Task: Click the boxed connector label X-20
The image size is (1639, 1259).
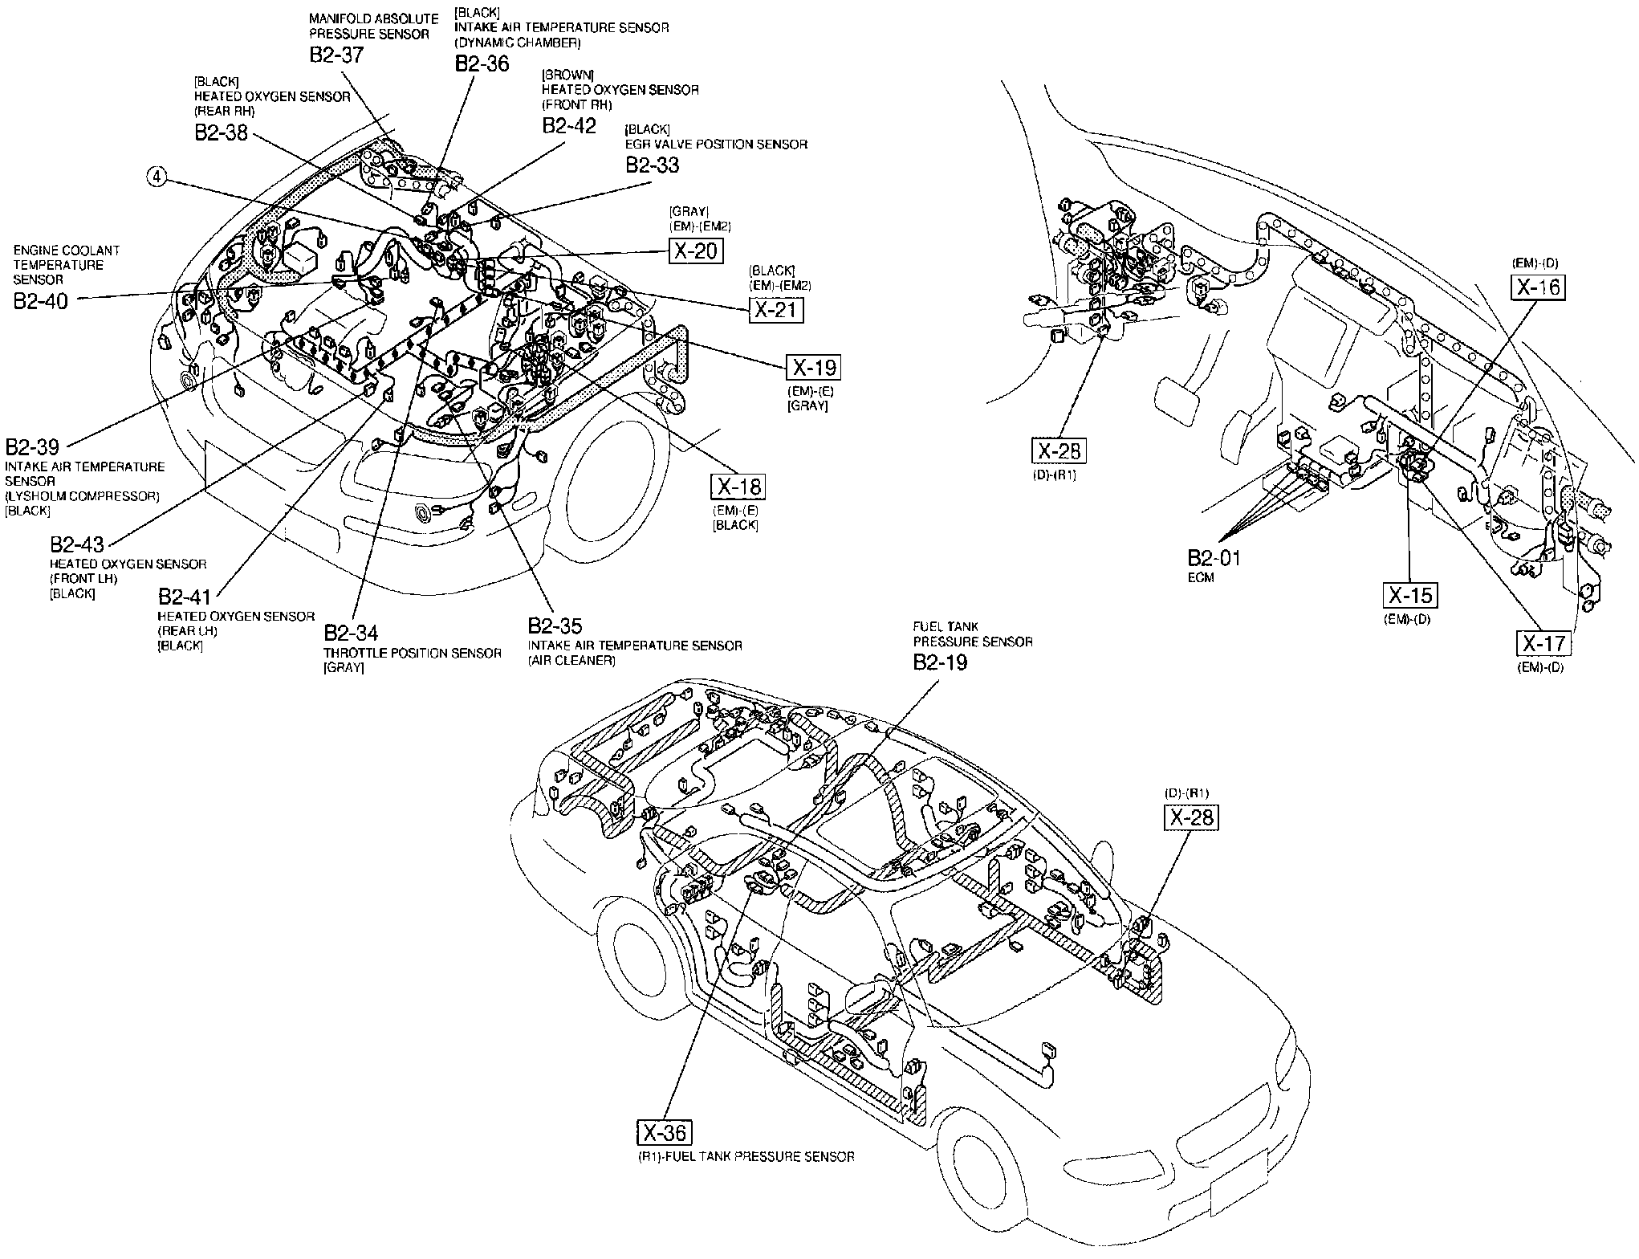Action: coord(696,251)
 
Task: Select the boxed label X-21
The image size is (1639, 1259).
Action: coord(776,309)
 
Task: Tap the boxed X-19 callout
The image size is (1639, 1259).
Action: coord(814,367)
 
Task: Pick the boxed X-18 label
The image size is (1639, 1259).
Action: coord(738,487)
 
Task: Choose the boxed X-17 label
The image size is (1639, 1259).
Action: coord(1543,643)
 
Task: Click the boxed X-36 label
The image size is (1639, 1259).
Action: coord(665,1132)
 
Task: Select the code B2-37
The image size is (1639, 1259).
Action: coord(336,55)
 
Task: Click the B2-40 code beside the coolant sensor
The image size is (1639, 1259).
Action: coord(41,300)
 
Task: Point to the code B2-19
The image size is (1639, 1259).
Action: coord(941,662)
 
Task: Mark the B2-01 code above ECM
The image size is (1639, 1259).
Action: coord(1214,557)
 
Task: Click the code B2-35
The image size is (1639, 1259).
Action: coord(555,625)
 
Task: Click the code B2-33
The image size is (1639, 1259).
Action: coord(653,165)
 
